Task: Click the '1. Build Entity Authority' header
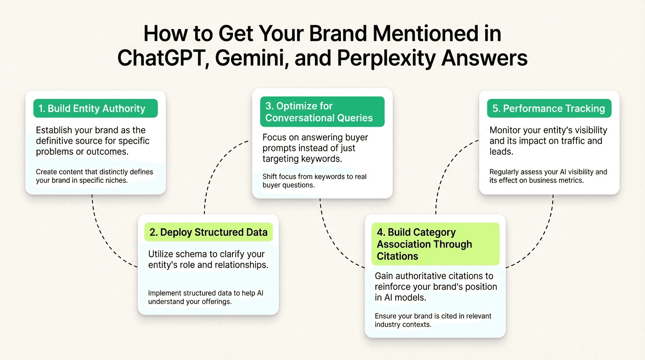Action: [95, 108]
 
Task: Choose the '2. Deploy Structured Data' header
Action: [209, 232]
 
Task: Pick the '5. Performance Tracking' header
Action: [549, 108]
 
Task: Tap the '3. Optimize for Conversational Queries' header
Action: [322, 112]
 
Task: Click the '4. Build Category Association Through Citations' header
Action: [435, 244]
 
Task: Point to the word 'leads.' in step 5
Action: [501, 151]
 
